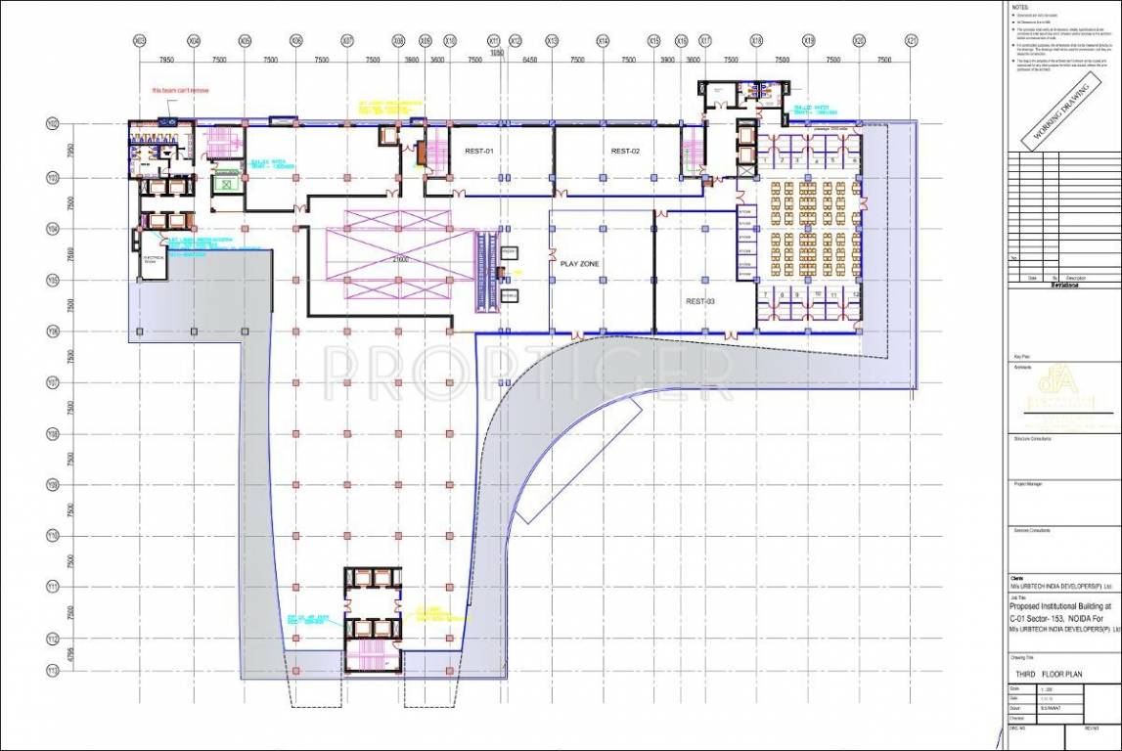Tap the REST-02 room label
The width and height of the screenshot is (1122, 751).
tap(624, 151)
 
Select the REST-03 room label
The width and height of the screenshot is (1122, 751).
tap(699, 302)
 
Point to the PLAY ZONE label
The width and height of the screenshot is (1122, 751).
tap(579, 264)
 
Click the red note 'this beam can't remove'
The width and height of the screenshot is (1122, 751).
tap(180, 91)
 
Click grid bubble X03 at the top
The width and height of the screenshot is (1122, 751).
tap(140, 41)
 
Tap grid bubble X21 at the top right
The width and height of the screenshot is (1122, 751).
tap(911, 41)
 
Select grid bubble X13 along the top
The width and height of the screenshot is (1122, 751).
tap(552, 41)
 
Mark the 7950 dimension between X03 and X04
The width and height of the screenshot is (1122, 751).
tap(166, 60)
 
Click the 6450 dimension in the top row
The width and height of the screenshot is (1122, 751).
tap(530, 60)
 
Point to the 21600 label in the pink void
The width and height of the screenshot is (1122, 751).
tap(373, 260)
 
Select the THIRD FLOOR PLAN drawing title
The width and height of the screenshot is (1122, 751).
tap(1051, 675)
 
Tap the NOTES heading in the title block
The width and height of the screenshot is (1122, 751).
tap(1021, 6)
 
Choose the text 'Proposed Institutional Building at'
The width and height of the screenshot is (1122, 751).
tap(1063, 606)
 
